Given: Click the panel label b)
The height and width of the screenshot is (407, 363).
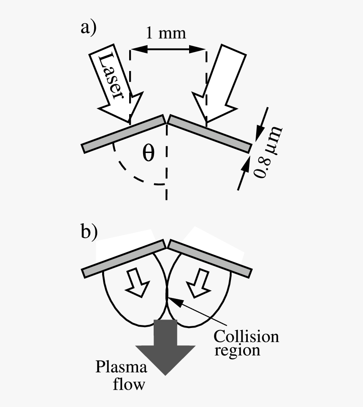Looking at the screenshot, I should [x=89, y=232].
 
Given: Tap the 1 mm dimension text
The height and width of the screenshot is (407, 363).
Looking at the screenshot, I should [x=166, y=33].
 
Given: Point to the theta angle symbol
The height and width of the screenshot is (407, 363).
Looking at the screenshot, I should [x=148, y=153].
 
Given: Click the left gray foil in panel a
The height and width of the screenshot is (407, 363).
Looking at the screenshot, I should [x=123, y=133].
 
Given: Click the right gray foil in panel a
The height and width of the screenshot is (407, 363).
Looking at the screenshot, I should [x=210, y=133].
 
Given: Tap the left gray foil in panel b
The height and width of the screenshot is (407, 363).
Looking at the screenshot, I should [x=123, y=259].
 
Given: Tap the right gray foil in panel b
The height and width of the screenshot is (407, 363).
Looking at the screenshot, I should [x=210, y=259].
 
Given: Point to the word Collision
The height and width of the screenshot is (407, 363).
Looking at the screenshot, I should [x=246, y=336].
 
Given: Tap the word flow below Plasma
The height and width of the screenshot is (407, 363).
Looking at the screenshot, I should [x=131, y=384].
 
